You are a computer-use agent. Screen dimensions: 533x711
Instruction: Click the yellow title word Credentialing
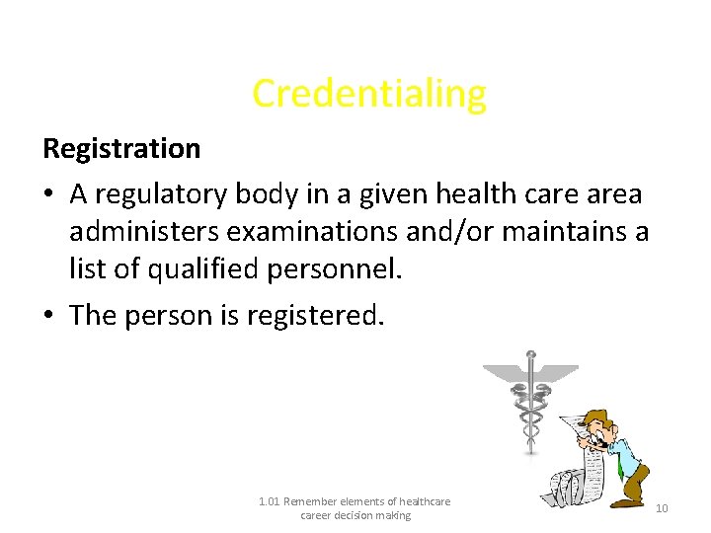pyautogui.click(x=369, y=94)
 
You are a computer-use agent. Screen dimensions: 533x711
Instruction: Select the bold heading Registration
pyautogui.click(x=121, y=149)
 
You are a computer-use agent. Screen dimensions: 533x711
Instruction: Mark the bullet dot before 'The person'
pyautogui.click(x=50, y=316)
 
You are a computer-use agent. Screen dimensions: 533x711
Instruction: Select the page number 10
pyautogui.click(x=662, y=508)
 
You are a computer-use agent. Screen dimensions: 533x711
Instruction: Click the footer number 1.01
pyautogui.click(x=269, y=501)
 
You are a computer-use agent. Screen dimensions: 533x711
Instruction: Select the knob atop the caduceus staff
pyautogui.click(x=531, y=354)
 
